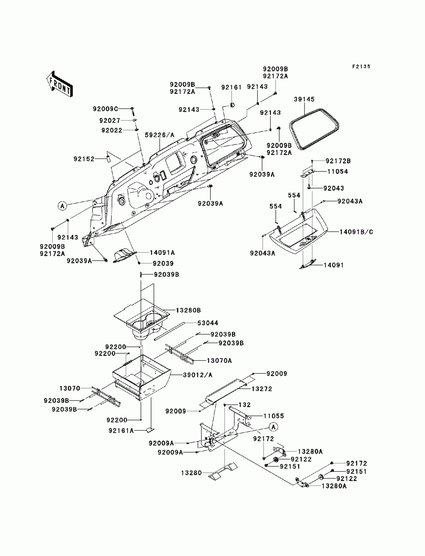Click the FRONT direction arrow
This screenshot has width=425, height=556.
[x=60, y=83]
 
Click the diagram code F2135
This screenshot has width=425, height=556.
[x=361, y=66]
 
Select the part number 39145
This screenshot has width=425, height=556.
[x=304, y=99]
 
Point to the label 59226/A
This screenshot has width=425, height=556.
[x=160, y=135]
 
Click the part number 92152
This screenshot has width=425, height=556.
[x=84, y=159]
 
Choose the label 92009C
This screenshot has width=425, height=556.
[x=105, y=109]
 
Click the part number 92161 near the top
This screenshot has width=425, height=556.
[x=231, y=87]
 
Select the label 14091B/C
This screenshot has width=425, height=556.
[x=356, y=232]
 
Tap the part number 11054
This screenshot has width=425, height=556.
[x=337, y=172]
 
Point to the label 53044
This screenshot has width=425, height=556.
[x=208, y=323]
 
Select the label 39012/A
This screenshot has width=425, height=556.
[x=198, y=375]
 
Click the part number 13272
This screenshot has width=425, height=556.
[x=261, y=389]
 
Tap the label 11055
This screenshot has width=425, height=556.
[x=274, y=416]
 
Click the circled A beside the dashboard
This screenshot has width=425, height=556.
[x=62, y=206]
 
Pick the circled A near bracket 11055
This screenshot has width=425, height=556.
[x=273, y=427]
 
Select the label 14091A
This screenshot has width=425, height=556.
[x=162, y=253]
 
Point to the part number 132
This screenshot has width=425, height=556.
[x=244, y=405]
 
